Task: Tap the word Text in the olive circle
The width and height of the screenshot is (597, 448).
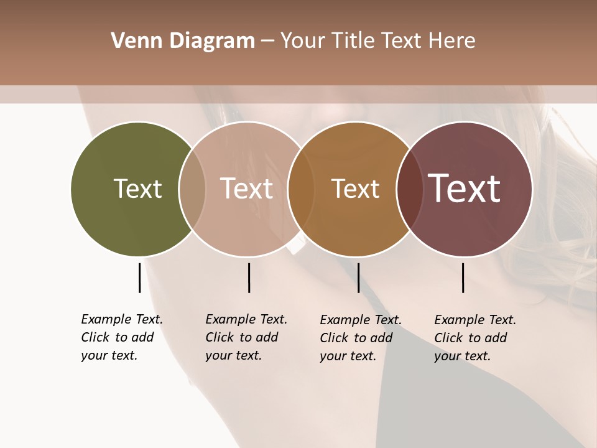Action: click(x=137, y=189)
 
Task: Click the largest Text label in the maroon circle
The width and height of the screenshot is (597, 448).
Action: click(x=464, y=189)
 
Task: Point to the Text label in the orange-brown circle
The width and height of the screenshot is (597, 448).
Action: click(x=355, y=189)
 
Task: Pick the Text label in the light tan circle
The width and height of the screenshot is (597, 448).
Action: click(x=246, y=189)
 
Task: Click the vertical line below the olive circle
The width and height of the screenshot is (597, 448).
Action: click(x=139, y=278)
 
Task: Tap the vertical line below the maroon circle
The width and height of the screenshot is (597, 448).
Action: click(x=463, y=278)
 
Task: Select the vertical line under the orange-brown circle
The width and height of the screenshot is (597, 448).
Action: click(x=358, y=278)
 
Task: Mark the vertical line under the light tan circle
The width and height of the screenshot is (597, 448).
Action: click(x=249, y=278)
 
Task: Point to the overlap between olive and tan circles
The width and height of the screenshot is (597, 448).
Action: click(x=192, y=189)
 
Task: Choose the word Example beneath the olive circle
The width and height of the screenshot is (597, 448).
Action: click(x=106, y=319)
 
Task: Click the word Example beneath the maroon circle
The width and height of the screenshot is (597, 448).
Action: click(x=460, y=320)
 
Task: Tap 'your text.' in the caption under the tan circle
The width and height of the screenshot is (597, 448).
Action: click(x=233, y=355)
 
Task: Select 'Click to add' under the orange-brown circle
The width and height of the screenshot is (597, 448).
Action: click(x=356, y=338)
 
